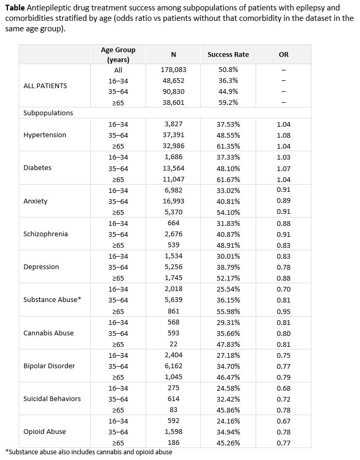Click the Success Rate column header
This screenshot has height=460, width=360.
228,54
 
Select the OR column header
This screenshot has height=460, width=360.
283,54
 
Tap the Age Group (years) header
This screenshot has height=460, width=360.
118,54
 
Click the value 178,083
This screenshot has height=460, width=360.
173,69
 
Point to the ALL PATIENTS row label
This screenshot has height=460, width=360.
45,86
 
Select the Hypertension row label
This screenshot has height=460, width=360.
45,135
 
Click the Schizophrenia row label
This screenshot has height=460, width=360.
45,234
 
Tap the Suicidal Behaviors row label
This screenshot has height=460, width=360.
52,398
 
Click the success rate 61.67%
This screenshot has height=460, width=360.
228,179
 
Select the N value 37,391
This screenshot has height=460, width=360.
173,135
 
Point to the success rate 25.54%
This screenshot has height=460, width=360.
228,289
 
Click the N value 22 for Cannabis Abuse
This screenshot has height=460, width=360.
173,344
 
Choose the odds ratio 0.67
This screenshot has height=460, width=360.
284,421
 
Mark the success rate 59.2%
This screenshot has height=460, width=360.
228,102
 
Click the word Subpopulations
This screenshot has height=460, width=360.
49,113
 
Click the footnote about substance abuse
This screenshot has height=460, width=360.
89,452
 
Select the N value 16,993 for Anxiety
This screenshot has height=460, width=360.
173,201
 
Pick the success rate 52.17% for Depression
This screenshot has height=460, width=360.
228,278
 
